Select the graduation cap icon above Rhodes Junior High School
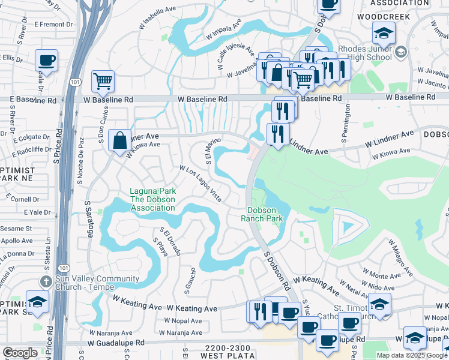point(384,32)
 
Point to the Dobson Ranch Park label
point(266,215)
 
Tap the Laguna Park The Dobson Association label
point(152,200)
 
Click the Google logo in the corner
point(20,353)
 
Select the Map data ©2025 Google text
point(412,355)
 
